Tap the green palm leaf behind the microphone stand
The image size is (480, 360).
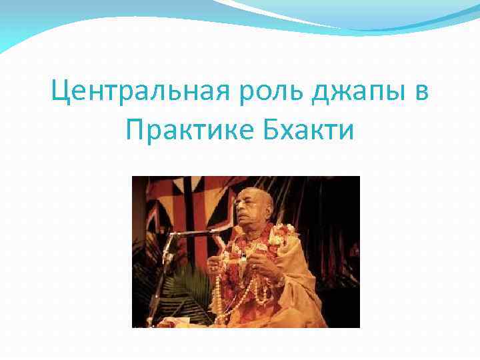click(180, 293)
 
